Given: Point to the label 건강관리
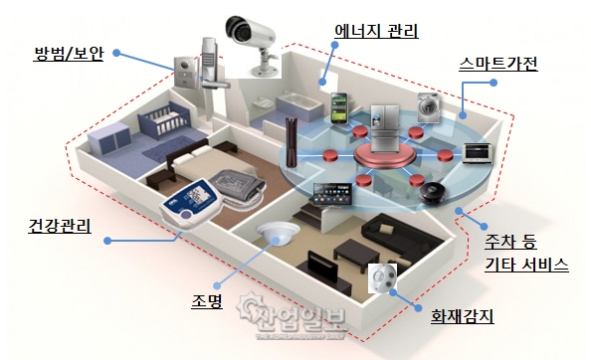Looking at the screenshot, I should [55, 228].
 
